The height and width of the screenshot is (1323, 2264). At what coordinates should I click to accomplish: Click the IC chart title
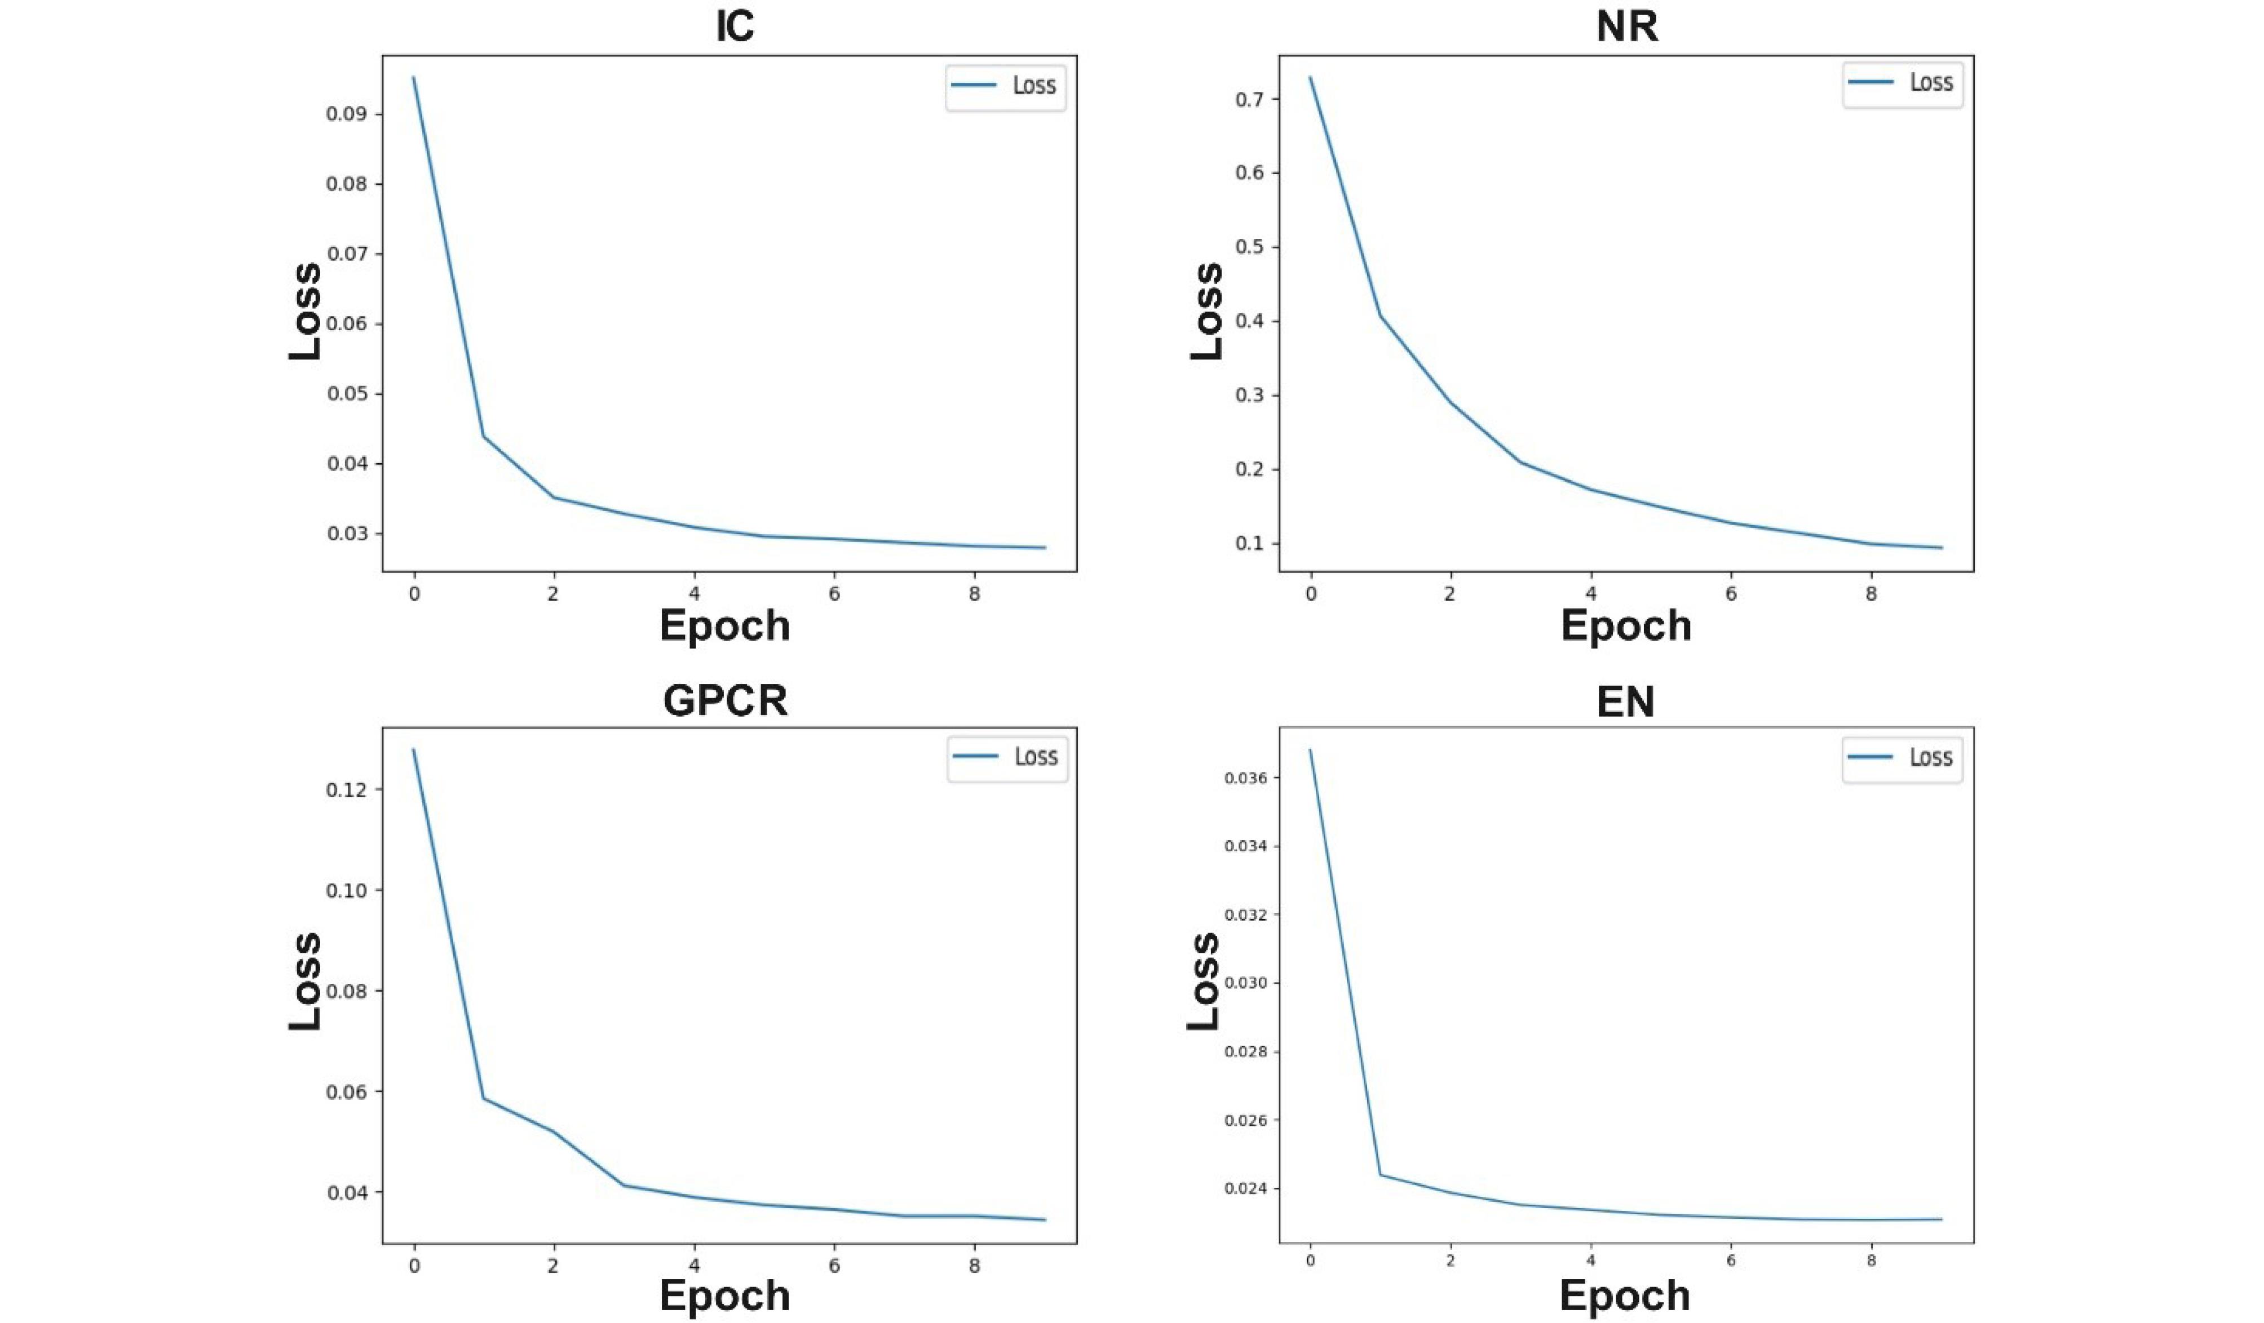coord(734,26)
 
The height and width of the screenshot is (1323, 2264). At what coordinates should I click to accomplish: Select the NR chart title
coord(1627,26)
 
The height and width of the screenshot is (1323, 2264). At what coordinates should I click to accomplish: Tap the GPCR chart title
coord(725,700)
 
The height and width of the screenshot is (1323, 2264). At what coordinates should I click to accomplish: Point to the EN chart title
coord(1625,700)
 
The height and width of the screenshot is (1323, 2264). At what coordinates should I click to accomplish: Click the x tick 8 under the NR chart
coord(1872,594)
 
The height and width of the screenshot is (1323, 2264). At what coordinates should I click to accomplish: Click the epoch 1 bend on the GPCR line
coord(483,1098)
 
